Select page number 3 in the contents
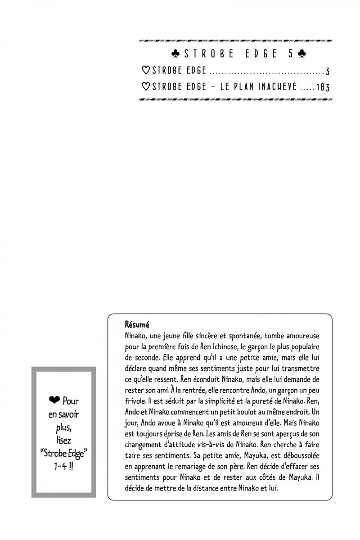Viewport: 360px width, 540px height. point(328,71)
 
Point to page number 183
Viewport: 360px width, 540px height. point(323,87)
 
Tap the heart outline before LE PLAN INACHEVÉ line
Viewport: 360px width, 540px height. point(146,87)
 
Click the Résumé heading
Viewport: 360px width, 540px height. point(137,325)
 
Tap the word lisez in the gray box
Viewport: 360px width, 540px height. point(63,440)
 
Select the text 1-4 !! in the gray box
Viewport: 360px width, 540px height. point(63,467)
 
